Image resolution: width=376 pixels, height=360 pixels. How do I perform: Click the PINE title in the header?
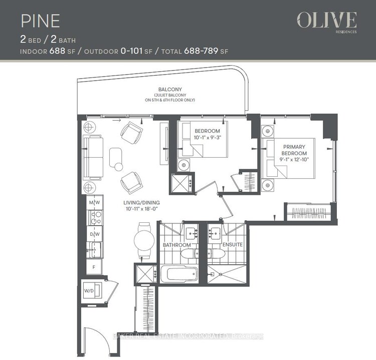40,21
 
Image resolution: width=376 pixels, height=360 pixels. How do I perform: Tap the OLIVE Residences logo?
326,23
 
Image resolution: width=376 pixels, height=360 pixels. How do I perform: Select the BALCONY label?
170,89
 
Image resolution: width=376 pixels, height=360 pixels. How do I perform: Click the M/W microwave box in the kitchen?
95,202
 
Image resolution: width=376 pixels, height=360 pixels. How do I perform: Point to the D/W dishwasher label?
95,234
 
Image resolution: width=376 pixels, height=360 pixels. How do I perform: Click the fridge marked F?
94,267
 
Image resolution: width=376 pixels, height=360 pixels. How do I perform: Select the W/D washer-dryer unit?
92,290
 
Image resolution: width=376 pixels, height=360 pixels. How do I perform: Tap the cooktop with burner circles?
96,218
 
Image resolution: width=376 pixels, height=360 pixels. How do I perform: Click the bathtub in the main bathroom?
179,274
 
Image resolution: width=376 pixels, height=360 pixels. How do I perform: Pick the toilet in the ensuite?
217,253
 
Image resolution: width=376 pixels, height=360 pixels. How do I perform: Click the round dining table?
144,240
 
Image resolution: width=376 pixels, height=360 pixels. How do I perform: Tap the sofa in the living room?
93,157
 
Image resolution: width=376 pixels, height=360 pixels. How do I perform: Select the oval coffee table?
116,157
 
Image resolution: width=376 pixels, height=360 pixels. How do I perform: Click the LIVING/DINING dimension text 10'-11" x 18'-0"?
141,209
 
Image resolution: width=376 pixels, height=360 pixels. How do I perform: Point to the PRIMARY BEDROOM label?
294,150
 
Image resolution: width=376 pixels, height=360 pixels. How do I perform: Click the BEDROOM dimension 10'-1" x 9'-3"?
207,138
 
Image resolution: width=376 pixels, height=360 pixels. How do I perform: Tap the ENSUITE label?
233,244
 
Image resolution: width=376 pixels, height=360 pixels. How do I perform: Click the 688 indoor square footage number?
57,51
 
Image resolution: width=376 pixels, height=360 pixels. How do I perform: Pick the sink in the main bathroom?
192,232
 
